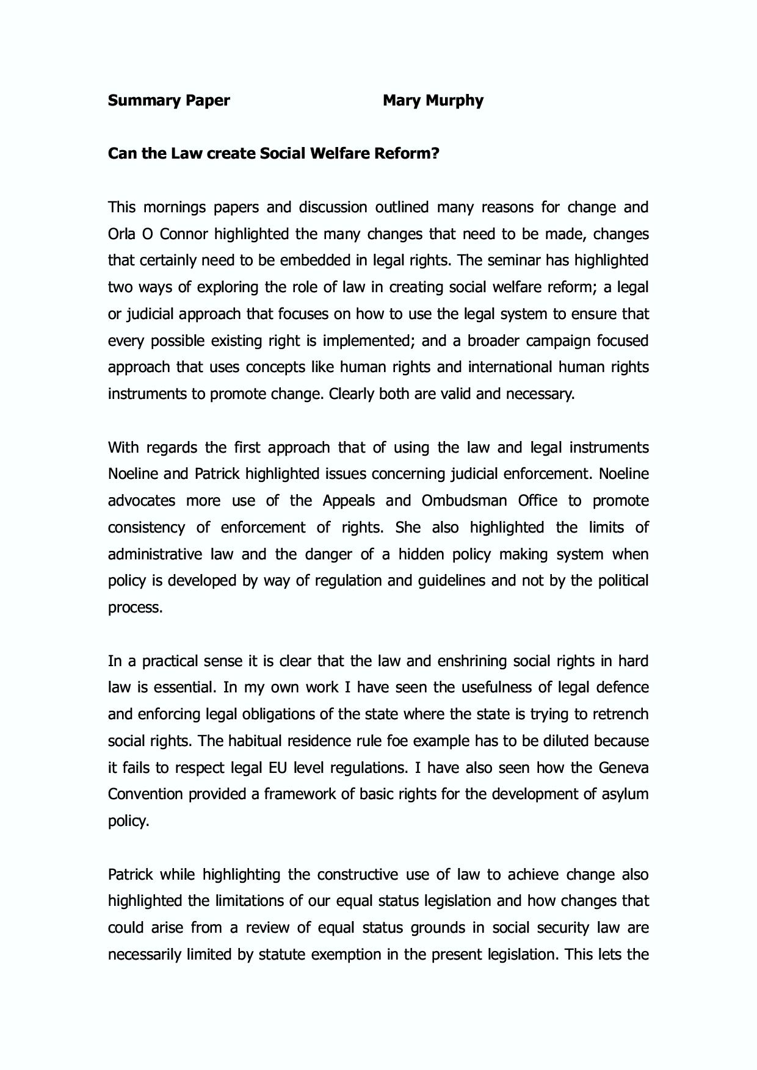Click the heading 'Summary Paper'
pyautogui.click(x=168, y=101)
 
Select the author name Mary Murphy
pyautogui.click(x=433, y=101)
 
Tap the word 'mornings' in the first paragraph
pyautogui.click(x=175, y=207)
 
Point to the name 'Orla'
pyautogui.click(x=122, y=234)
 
